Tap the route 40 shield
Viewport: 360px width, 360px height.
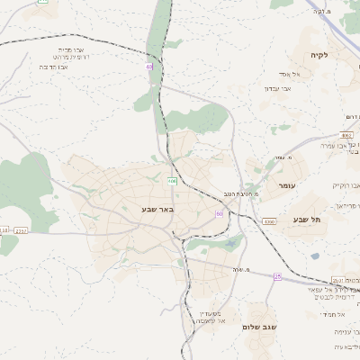pyautogui.click(x=148, y=66)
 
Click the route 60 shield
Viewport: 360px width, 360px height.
pyautogui.click(x=219, y=213)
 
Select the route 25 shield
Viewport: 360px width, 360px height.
pyautogui.click(x=277, y=276)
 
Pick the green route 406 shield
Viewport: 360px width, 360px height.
pyautogui.click(x=171, y=181)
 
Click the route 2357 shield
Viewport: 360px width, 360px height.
pyautogui.click(x=21, y=230)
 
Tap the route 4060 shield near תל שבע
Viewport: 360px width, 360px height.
pyautogui.click(x=269, y=220)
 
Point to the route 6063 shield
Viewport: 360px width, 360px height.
pyautogui.click(x=346, y=134)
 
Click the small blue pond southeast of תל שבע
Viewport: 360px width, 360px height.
pyautogui.click(x=315, y=256)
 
